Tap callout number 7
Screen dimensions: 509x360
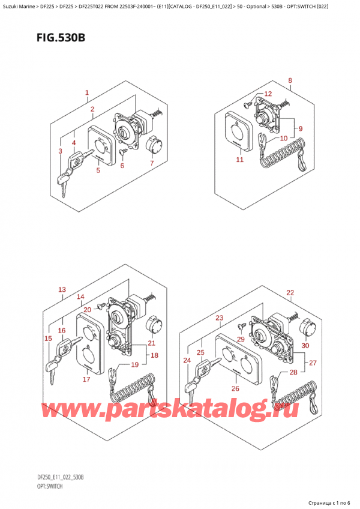[152, 163]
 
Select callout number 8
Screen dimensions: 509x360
[290, 80]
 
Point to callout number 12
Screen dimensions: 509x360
[268, 94]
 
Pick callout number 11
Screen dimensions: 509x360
[239, 160]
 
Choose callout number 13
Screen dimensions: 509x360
[62, 290]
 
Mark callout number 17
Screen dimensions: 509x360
[86, 379]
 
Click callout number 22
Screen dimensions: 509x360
[290, 292]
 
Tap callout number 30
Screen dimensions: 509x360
[305, 345]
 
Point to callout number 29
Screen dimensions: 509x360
[241, 340]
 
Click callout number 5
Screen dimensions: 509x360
[98, 170]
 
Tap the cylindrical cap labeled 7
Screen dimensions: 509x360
[153, 145]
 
